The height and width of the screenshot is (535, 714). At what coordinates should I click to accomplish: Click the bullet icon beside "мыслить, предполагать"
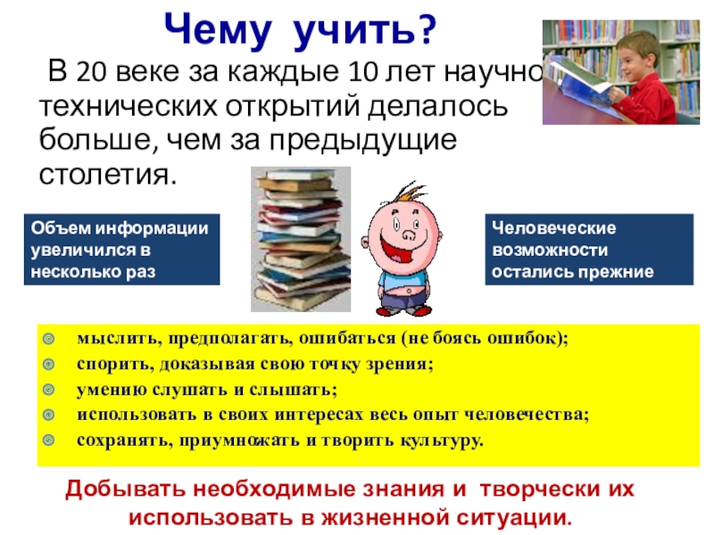[x=51, y=340]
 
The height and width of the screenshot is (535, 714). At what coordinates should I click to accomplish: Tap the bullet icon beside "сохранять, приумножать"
[x=51, y=440]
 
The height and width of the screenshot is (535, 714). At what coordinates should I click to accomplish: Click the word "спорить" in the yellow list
[x=105, y=365]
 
